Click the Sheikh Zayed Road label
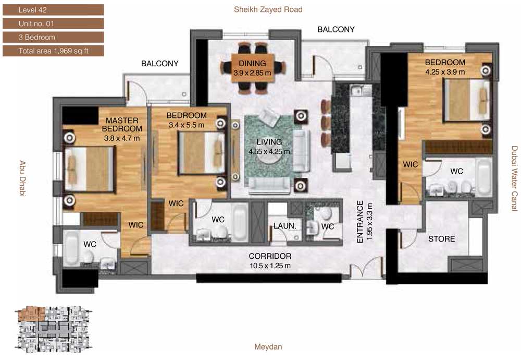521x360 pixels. (268, 9)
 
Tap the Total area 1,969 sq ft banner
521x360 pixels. (53, 51)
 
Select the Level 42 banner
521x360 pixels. (53, 10)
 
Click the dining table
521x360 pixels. (253, 67)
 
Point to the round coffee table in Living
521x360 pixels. (269, 157)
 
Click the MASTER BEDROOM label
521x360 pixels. (122, 125)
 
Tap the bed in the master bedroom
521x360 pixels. (89, 169)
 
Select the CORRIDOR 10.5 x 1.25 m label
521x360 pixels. (270, 260)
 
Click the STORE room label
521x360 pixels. (442, 239)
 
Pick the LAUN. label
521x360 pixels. (285, 226)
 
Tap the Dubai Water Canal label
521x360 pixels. (514, 178)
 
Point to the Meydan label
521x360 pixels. (268, 347)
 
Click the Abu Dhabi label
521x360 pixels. (22, 178)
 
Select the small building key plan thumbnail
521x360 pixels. (54, 329)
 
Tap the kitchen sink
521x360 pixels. (356, 90)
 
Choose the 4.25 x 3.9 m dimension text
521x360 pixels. (445, 72)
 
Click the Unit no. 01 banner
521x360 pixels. (53, 23)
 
